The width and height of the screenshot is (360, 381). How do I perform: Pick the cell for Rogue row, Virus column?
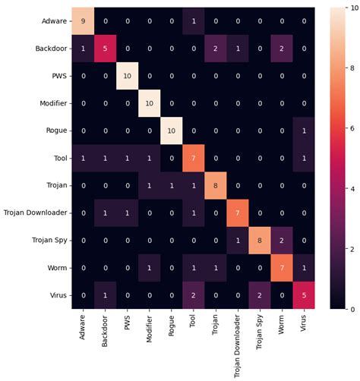coord(305,131)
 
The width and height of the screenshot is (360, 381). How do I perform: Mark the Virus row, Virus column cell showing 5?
coord(305,295)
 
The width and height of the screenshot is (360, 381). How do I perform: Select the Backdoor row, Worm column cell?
coord(283,49)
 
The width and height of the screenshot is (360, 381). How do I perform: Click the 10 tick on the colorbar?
coord(351,8)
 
